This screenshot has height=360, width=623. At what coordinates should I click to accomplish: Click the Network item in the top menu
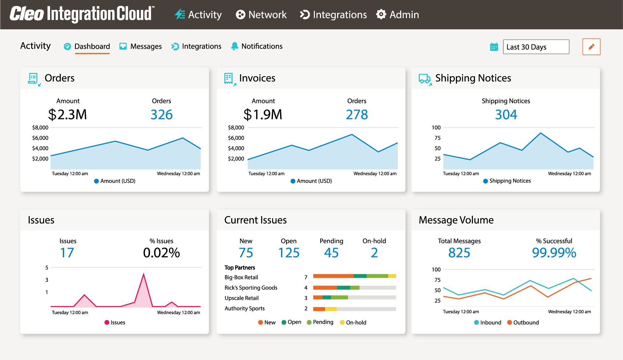[261, 15]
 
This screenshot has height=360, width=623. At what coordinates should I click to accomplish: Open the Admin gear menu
[397, 15]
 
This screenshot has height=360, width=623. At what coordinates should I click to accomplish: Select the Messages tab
[141, 47]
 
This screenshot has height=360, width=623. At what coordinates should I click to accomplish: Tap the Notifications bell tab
[257, 47]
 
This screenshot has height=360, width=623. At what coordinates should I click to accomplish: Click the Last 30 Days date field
[536, 47]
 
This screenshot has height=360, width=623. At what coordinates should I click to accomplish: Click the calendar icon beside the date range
[494, 47]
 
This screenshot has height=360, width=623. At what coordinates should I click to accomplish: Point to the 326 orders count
[161, 115]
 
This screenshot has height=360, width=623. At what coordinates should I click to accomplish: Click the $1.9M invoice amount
[263, 115]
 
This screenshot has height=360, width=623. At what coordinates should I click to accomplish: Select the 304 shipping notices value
[506, 115]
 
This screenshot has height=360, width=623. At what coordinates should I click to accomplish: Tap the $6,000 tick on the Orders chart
[40, 138]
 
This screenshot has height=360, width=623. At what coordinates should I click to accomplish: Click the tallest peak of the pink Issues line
[144, 274]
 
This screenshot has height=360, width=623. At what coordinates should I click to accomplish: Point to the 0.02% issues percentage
[161, 253]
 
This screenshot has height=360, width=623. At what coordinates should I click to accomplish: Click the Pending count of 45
[331, 253]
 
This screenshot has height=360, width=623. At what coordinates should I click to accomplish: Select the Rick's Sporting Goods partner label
[251, 288]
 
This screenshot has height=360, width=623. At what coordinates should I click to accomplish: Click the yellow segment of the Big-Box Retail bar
[392, 276]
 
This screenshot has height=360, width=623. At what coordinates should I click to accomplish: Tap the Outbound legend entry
[523, 322]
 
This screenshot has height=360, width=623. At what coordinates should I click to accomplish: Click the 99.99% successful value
[554, 253]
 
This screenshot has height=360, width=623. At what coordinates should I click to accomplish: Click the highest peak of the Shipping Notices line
[540, 133]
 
